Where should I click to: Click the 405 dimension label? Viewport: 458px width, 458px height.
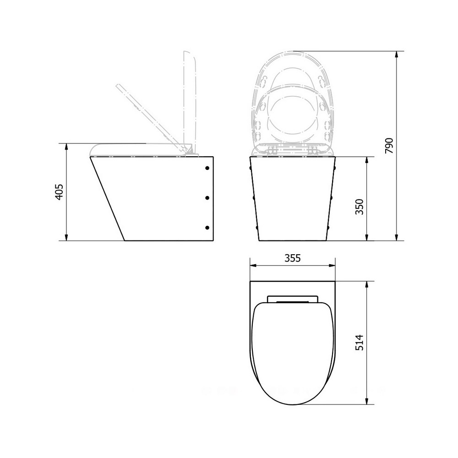(x=59, y=192)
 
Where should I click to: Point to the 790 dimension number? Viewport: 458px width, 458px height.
(x=389, y=146)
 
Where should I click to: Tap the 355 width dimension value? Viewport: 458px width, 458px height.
(x=292, y=258)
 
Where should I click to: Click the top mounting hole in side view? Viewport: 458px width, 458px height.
(x=207, y=168)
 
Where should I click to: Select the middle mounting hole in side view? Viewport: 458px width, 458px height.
(x=207, y=198)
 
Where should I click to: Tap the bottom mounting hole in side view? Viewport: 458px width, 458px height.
(x=207, y=228)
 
